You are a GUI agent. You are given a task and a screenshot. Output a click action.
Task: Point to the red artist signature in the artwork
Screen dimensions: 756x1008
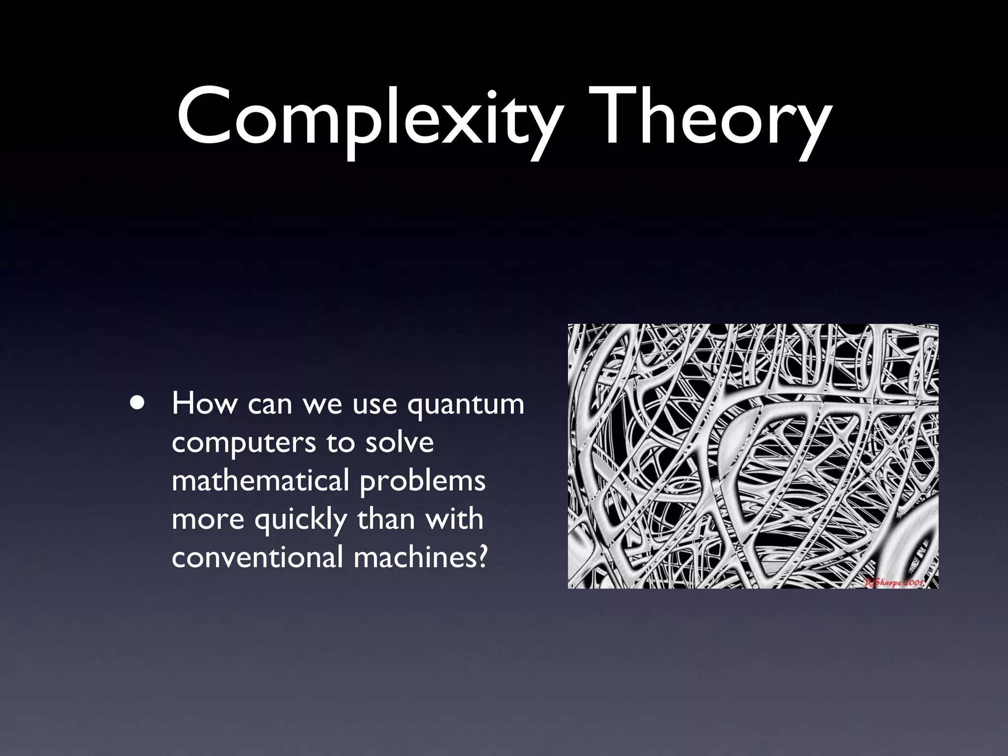point(894,582)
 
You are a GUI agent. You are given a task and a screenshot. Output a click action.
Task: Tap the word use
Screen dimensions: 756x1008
point(375,405)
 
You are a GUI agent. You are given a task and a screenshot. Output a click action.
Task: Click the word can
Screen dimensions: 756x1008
point(269,405)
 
